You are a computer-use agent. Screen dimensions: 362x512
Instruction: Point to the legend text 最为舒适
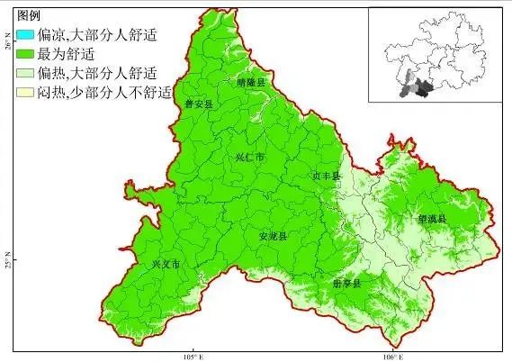point(62,53)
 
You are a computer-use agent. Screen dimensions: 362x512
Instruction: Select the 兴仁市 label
point(250,157)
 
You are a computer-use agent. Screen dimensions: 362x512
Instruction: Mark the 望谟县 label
point(432,218)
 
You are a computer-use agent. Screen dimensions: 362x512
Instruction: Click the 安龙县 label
point(273,236)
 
